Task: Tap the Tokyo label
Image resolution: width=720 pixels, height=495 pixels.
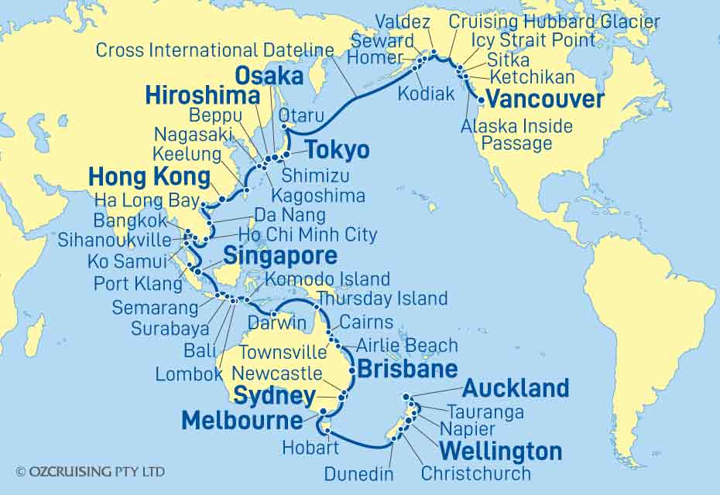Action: [x=336, y=149]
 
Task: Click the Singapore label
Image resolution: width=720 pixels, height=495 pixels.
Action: [x=280, y=257]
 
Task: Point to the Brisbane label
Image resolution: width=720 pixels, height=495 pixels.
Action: [x=407, y=369]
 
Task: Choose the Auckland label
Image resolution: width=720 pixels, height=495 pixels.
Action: [x=516, y=387]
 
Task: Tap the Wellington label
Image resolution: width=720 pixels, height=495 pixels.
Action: [x=501, y=451]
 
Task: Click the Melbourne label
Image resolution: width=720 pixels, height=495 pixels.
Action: [x=242, y=421]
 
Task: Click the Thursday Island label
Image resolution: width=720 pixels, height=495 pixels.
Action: [x=382, y=298]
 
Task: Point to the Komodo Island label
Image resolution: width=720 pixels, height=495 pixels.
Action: [x=327, y=278]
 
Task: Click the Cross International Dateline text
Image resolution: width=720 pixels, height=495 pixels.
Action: [x=214, y=51]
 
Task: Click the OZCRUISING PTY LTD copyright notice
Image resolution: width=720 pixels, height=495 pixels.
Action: [x=90, y=471]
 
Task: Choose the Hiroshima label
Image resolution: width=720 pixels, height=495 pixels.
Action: [x=202, y=97]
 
